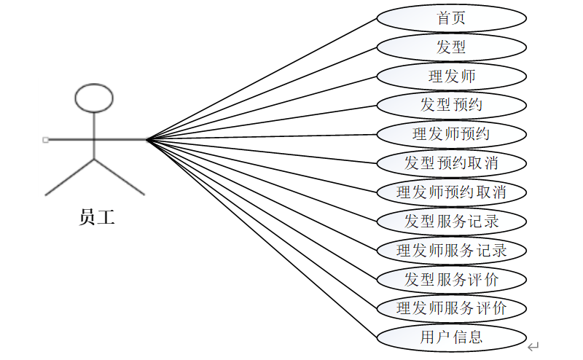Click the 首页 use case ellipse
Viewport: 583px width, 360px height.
pyautogui.click(x=451, y=18)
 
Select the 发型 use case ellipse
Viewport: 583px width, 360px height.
pyautogui.click(x=451, y=47)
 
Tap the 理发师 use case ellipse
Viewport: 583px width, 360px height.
pyautogui.click(x=451, y=76)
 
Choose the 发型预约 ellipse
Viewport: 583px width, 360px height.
pyautogui.click(x=451, y=105)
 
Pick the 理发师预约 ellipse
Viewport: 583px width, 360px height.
pyautogui.click(x=451, y=134)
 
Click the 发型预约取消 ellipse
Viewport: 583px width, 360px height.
pyautogui.click(x=451, y=163)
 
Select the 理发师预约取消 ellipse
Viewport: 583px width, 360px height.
pyautogui.click(x=451, y=192)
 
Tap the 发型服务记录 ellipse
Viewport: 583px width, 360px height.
pyautogui.click(x=451, y=221)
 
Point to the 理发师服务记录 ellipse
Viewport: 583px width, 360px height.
pyautogui.click(x=451, y=251)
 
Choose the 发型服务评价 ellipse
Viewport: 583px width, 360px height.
pyautogui.click(x=451, y=279)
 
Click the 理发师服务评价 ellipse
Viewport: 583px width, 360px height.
pyautogui.click(x=451, y=308)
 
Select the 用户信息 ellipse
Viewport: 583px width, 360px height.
pyautogui.click(x=451, y=337)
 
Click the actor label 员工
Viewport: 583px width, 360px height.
pyautogui.click(x=97, y=217)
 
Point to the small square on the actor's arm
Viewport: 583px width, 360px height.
pyautogui.click(x=46, y=139)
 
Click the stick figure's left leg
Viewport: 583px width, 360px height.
pyautogui.click(x=71, y=176)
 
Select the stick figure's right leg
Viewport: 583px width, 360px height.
pyautogui.click(x=120, y=176)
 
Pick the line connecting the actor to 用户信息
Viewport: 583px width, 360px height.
pyautogui.click(x=262, y=238)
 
